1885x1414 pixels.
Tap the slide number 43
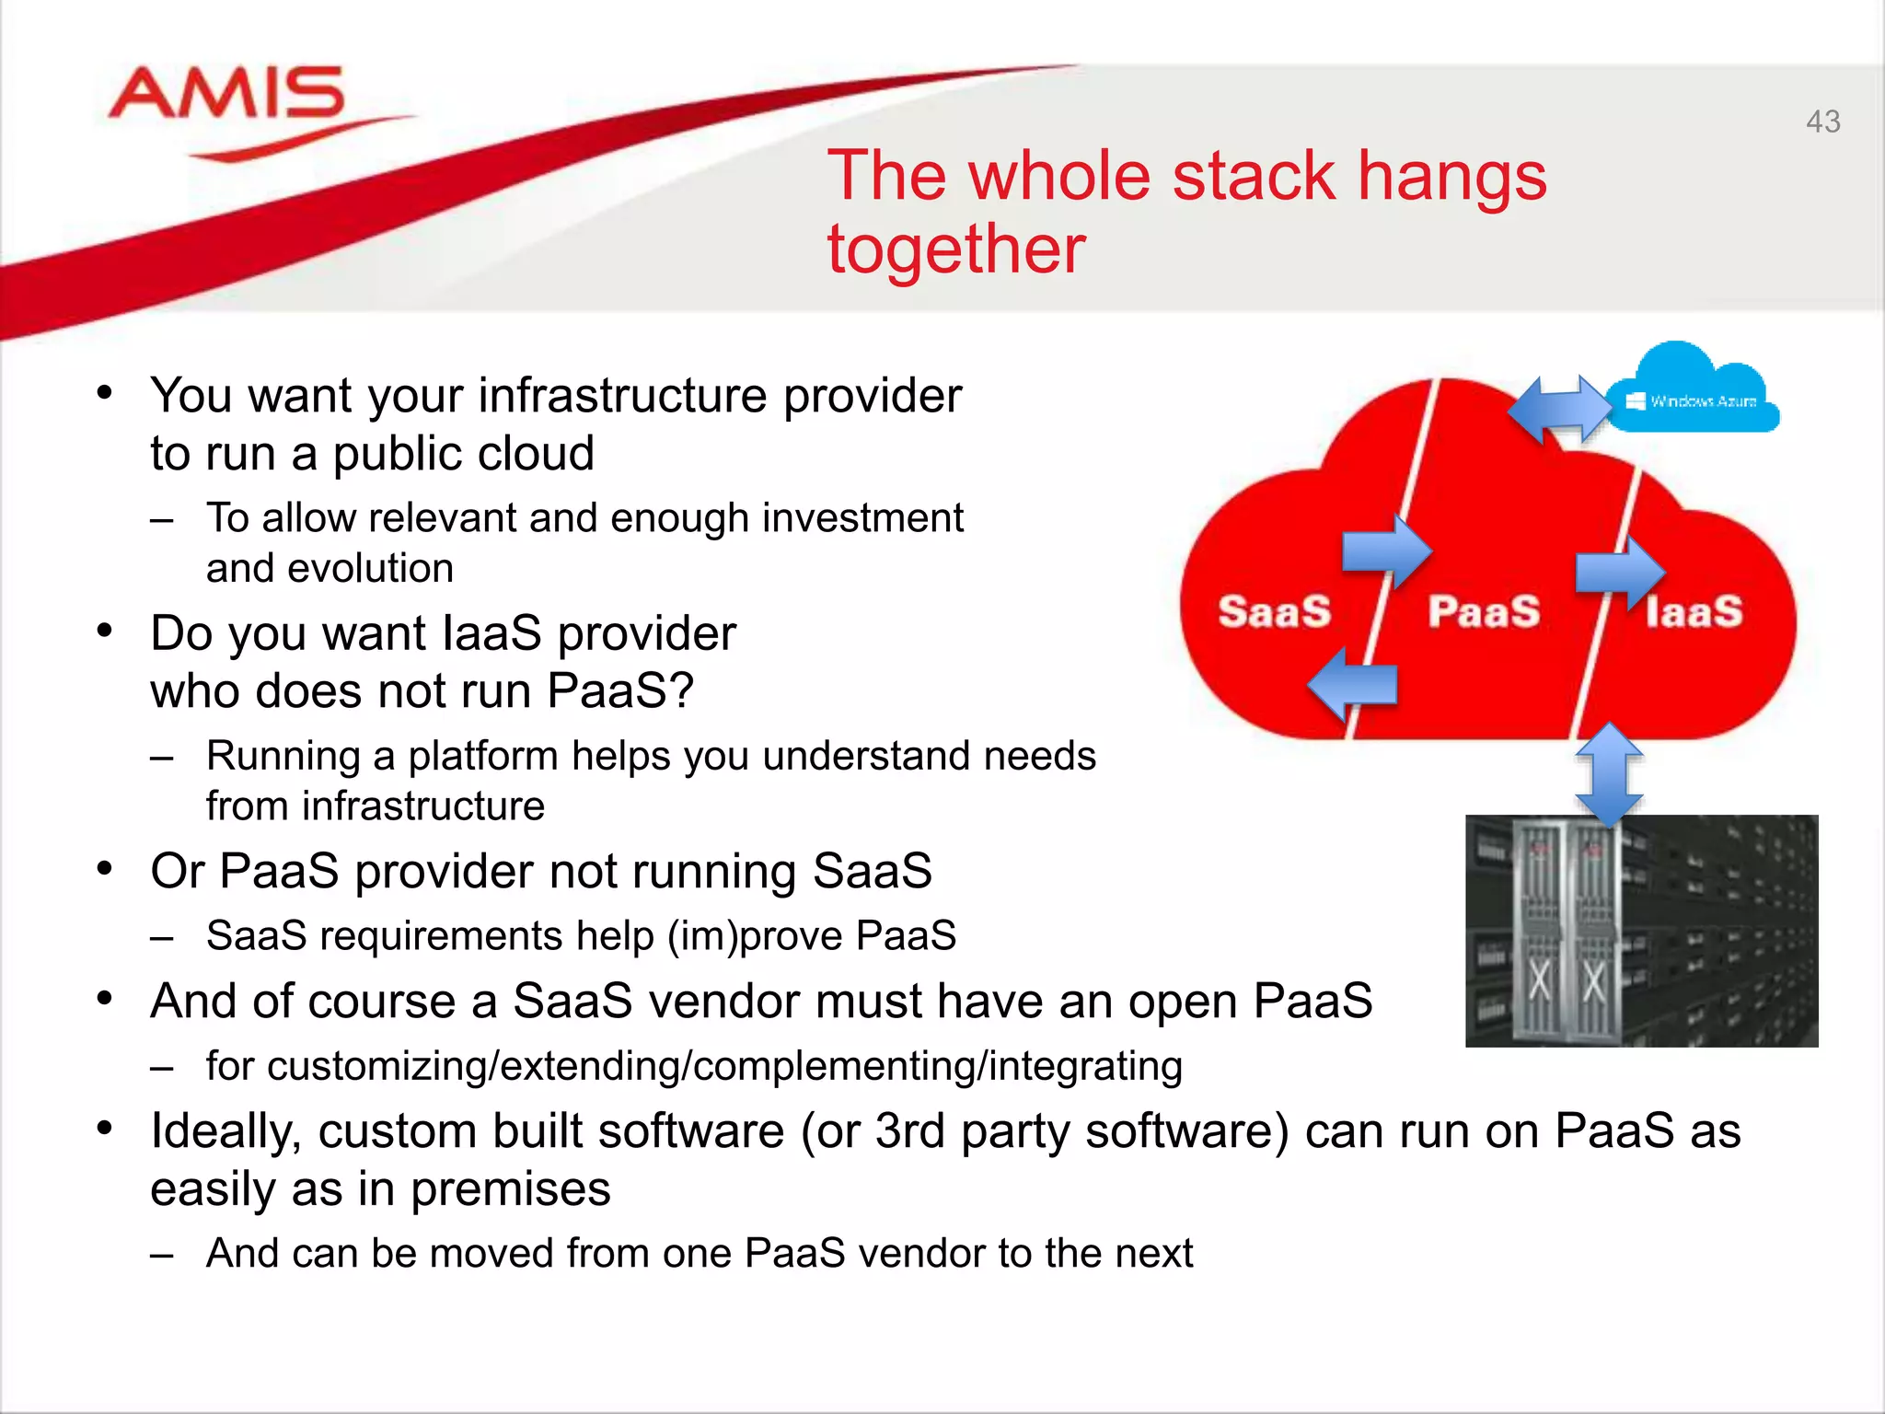pos(1822,122)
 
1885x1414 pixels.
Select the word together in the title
pos(955,249)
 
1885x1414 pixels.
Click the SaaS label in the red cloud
pos(1274,611)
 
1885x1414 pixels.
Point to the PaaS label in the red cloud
pos(1484,611)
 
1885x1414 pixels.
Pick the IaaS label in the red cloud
pos(1694,611)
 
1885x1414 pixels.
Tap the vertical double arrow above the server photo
pos(1609,773)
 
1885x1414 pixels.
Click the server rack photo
pos(1641,931)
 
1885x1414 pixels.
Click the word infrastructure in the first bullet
pos(622,396)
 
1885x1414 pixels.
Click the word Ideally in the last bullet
pos(226,1131)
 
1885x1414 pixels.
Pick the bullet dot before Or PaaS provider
pos(105,868)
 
